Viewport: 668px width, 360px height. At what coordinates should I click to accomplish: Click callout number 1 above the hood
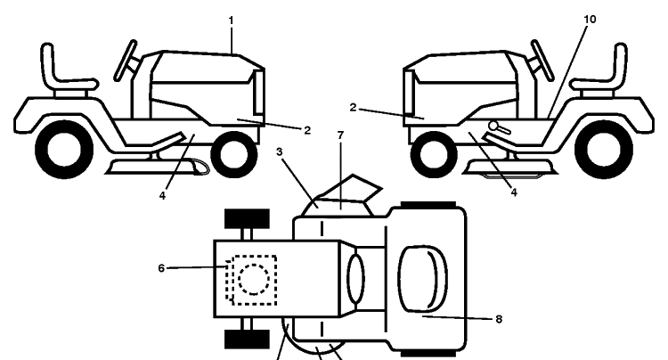[x=231, y=20]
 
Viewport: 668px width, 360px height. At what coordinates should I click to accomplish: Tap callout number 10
[x=590, y=20]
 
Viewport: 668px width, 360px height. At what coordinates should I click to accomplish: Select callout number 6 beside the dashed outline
[x=161, y=268]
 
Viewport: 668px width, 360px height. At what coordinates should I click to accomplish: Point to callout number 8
[x=499, y=319]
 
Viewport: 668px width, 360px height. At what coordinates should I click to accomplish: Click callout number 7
[x=340, y=135]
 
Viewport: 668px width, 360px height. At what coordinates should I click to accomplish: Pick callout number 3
[x=280, y=151]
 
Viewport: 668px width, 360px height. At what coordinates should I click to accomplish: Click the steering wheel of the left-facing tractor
[x=542, y=61]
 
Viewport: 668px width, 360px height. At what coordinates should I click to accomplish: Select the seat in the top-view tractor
[x=422, y=279]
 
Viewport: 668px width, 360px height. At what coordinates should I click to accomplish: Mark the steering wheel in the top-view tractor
[x=356, y=279]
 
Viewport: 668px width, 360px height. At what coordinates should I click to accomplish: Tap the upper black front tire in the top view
[x=247, y=218]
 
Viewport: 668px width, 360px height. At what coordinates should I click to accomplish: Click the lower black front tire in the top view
[x=247, y=340]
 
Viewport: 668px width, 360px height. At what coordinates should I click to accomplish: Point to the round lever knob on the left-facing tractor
[x=494, y=126]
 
